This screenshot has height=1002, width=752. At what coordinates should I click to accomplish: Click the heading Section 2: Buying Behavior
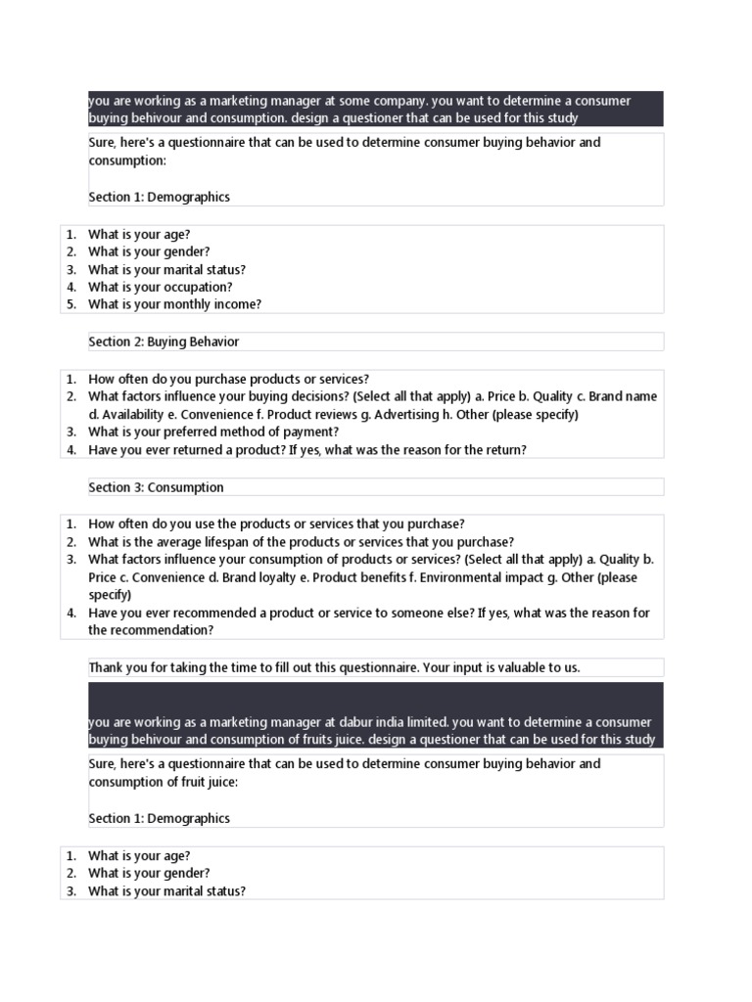click(x=164, y=342)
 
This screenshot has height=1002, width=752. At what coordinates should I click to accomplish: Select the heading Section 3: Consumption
click(x=156, y=487)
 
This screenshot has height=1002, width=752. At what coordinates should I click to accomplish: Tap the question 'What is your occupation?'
click(x=160, y=287)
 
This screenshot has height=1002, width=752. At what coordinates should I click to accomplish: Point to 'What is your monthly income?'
click(x=174, y=304)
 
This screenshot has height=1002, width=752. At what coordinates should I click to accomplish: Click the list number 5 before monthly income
click(x=70, y=304)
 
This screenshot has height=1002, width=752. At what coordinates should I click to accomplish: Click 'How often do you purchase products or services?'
click(x=228, y=379)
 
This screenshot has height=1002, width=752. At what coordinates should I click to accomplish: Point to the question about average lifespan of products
click(x=301, y=542)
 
